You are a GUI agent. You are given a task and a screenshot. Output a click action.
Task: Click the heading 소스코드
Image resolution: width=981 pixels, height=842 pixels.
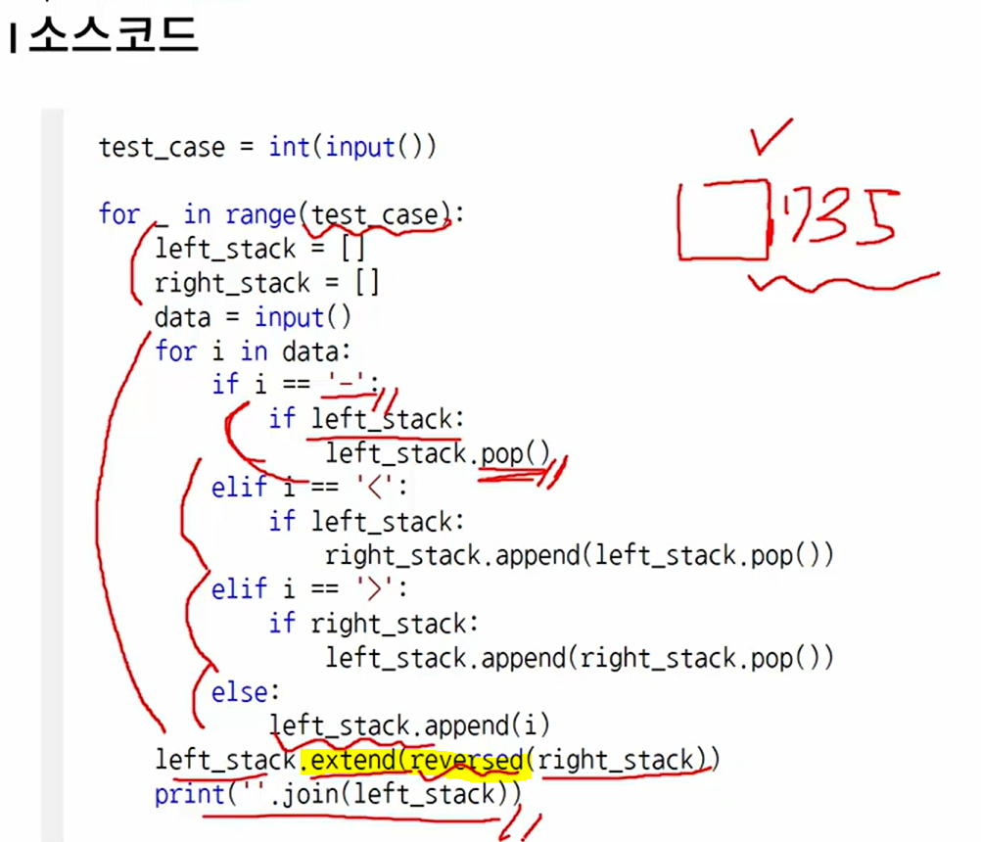tap(113, 36)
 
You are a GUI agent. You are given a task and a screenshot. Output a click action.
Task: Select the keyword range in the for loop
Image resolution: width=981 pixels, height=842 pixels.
tap(261, 214)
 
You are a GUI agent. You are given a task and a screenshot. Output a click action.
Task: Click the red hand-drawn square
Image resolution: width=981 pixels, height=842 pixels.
tap(724, 220)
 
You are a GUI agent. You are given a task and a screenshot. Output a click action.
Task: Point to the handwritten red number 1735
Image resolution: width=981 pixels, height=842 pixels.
tap(838, 217)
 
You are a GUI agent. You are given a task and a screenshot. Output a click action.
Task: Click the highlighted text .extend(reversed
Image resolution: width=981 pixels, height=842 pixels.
tap(416, 760)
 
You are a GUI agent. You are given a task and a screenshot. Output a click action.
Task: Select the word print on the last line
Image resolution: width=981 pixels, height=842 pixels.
tap(190, 794)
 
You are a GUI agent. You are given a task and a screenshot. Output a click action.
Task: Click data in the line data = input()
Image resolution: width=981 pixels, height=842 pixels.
tap(182, 317)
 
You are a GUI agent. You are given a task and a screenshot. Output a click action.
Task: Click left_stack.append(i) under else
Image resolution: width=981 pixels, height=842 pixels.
tap(410, 725)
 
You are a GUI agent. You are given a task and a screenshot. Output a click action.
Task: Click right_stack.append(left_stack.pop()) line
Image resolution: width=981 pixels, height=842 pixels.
tap(579, 556)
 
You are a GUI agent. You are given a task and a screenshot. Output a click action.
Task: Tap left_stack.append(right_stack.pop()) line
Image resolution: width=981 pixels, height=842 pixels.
tap(579, 658)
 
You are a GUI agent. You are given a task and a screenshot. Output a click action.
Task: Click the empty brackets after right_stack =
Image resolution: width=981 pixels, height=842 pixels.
tap(367, 284)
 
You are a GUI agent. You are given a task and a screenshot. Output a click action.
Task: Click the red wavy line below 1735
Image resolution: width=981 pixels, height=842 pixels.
tap(842, 284)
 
